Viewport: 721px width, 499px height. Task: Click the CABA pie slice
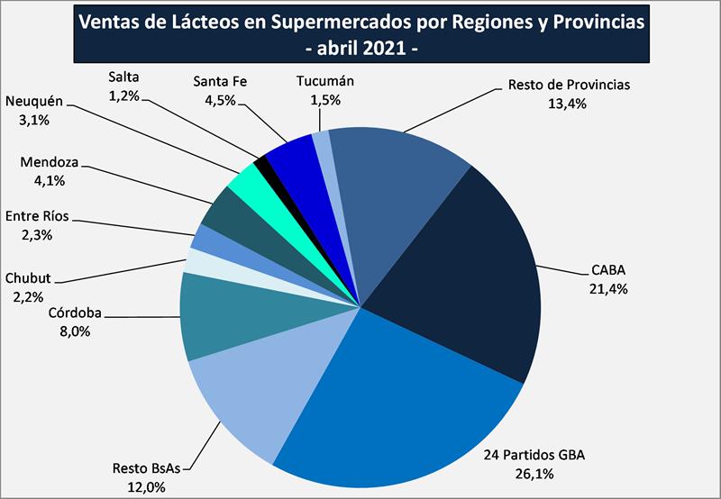point(469,270)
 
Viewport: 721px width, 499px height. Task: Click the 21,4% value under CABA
point(609,289)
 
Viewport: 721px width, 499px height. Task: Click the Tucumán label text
point(325,81)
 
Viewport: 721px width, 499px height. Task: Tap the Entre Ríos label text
point(37,216)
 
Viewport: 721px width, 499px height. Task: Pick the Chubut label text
point(31,278)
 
